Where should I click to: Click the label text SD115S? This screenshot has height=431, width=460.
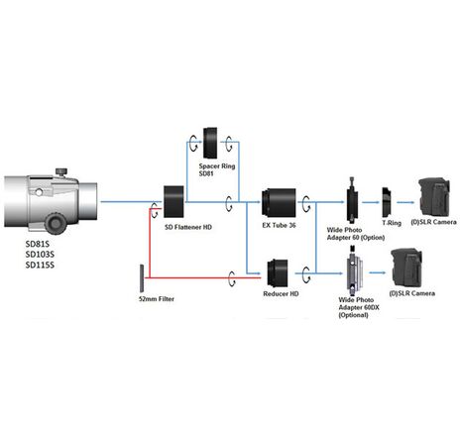tap(40, 265)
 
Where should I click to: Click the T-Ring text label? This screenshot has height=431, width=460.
tap(391, 225)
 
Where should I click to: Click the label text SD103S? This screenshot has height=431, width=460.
tap(40, 254)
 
